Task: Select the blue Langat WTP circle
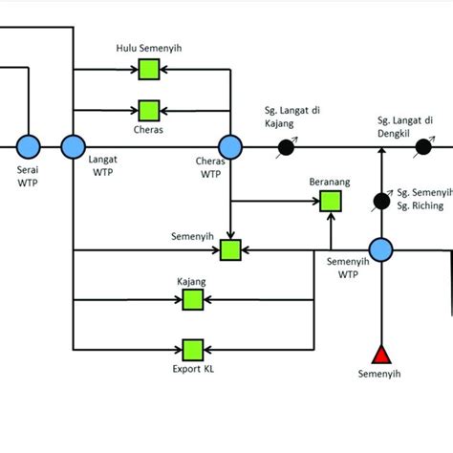73,146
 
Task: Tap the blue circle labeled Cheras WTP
230,146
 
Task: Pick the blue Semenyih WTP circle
381,250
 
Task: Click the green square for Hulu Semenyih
148,69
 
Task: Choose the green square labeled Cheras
148,110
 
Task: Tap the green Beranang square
330,201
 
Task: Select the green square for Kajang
193,300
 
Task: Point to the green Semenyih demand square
230,250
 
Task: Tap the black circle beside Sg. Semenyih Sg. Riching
381,201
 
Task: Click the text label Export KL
193,368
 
